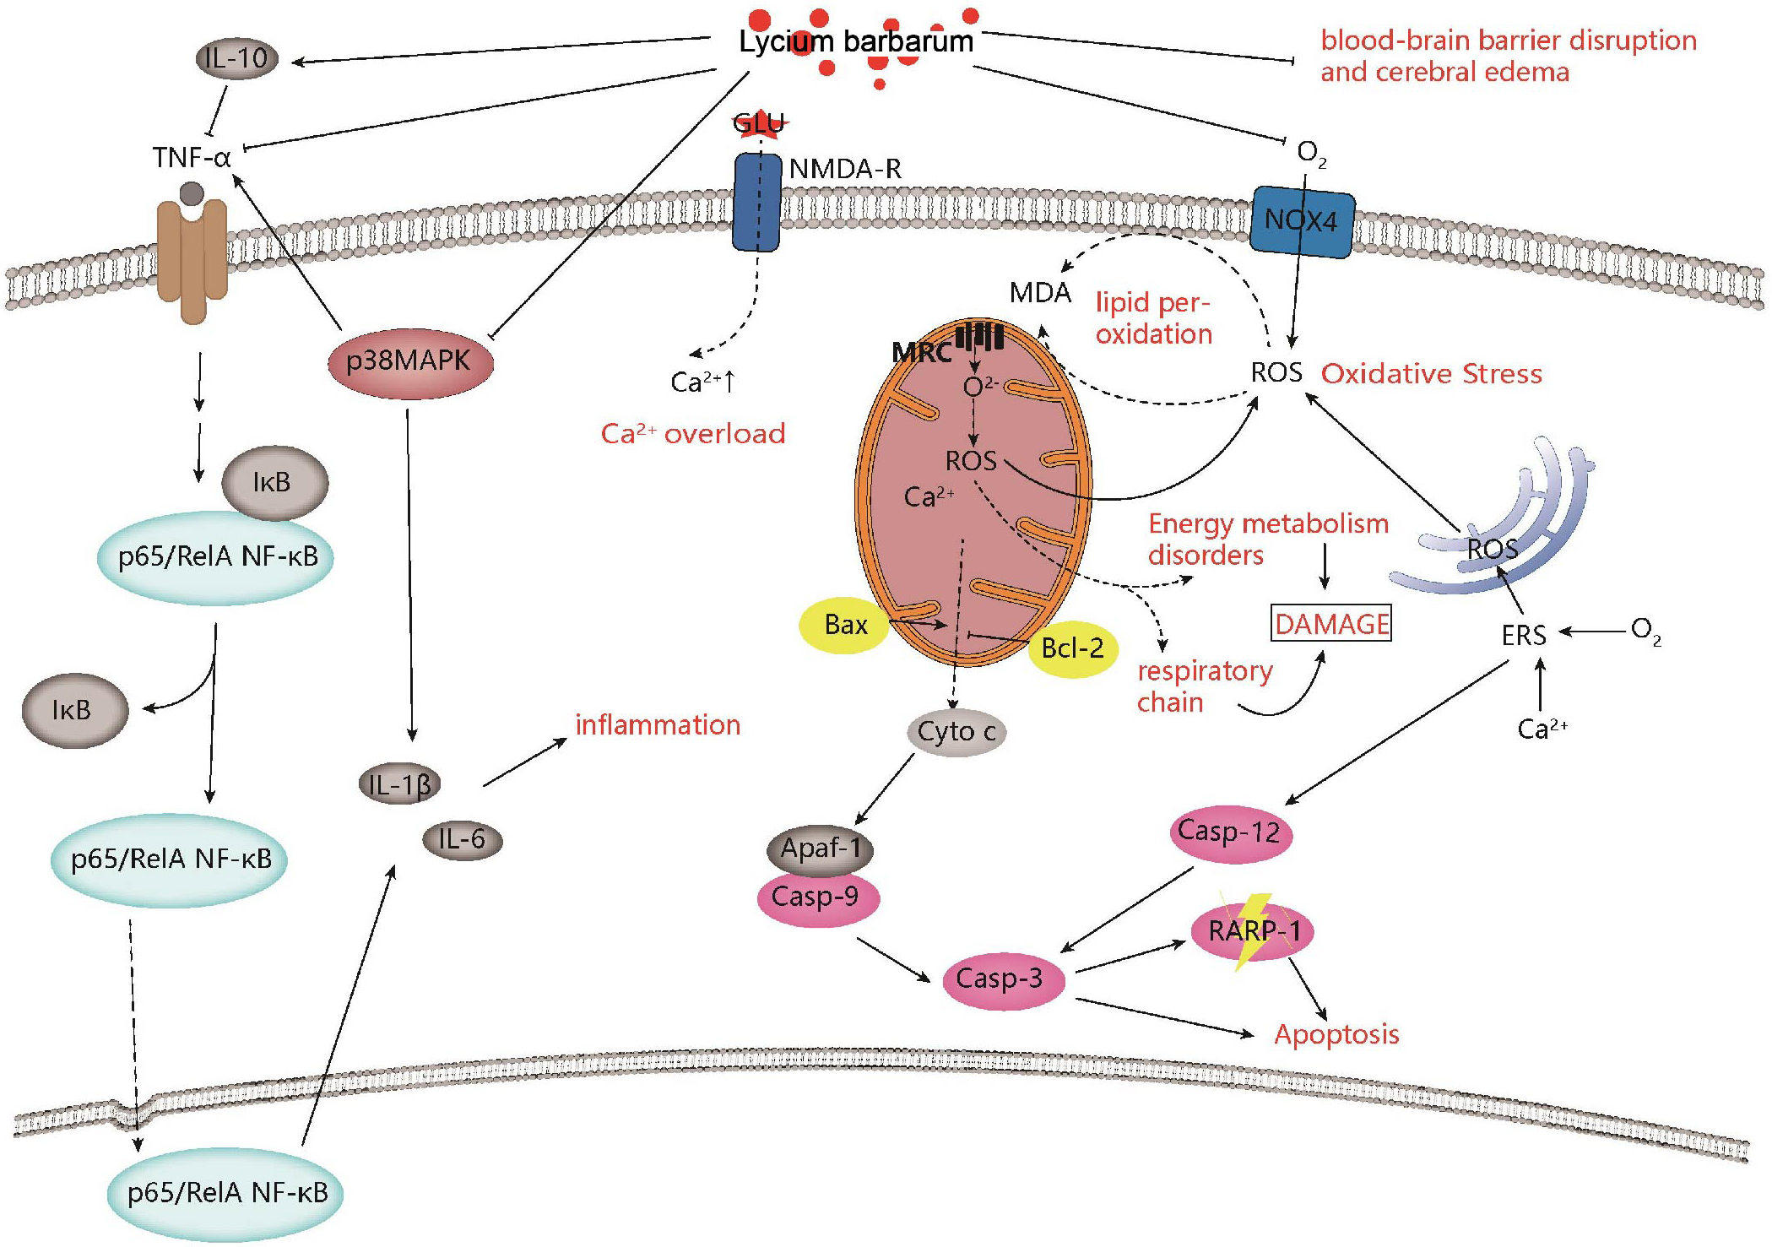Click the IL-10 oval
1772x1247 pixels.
click(237, 59)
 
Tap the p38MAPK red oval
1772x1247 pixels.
click(409, 362)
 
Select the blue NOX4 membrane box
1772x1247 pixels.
click(1301, 221)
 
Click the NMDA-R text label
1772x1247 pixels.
click(845, 169)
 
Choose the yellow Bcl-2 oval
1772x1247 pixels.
click(1073, 648)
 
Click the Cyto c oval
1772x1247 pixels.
click(956, 732)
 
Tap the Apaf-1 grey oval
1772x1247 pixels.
click(820, 848)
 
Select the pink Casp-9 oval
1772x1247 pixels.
click(817, 897)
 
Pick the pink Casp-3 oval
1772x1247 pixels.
click(1001, 979)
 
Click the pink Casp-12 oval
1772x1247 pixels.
click(1230, 832)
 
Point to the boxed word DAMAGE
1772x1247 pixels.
click(1331, 624)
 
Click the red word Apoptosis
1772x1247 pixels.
click(1336, 1034)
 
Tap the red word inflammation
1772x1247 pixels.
click(658, 725)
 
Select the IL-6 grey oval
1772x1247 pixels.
click(462, 840)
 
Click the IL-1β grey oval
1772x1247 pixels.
click(399, 785)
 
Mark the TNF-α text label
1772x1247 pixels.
click(192, 158)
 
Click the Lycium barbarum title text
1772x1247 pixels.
click(856, 41)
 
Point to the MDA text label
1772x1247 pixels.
click(1040, 293)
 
